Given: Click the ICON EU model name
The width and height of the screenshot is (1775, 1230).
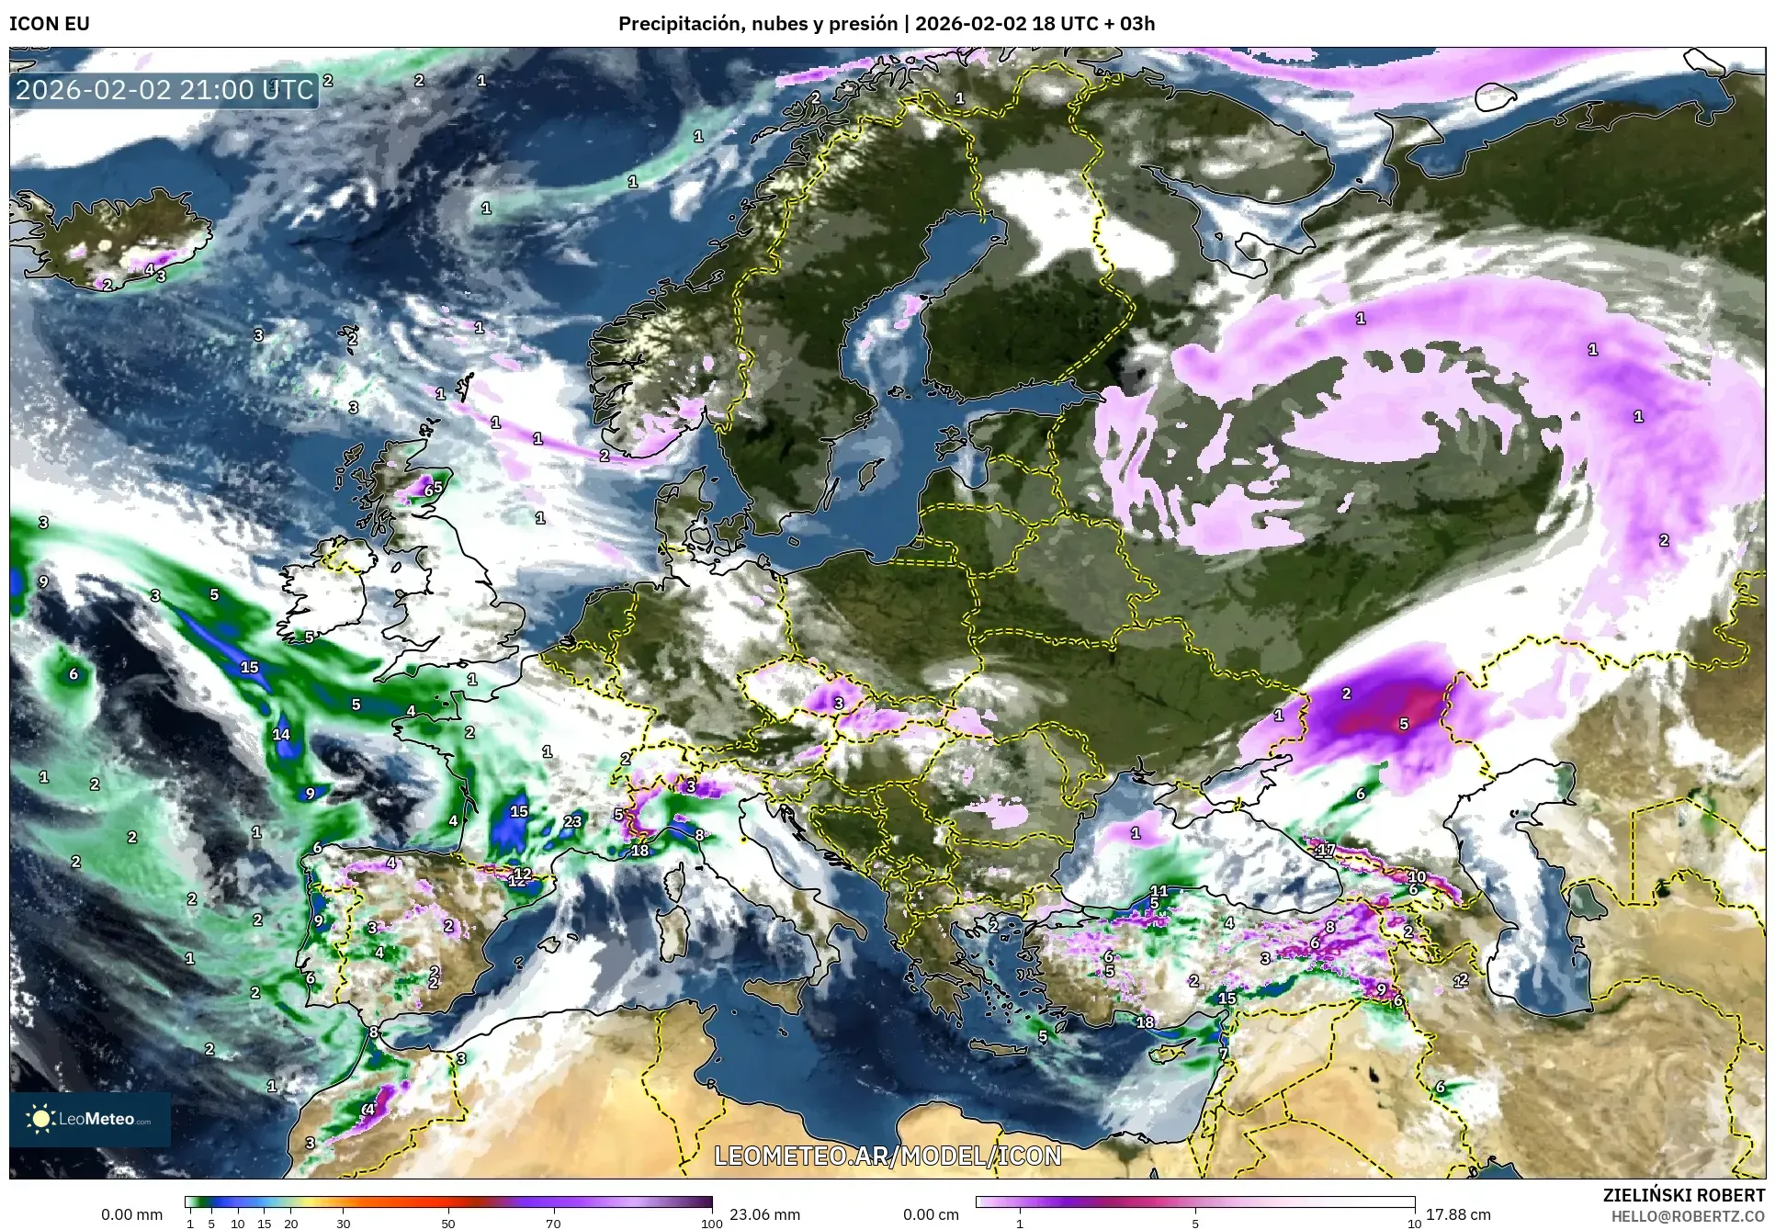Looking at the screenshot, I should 50,24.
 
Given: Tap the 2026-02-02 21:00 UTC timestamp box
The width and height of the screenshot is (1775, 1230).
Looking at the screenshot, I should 164,90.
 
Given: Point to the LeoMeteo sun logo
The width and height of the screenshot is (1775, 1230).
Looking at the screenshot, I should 41,1119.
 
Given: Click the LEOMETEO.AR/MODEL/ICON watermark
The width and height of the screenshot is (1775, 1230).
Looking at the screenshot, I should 887,1156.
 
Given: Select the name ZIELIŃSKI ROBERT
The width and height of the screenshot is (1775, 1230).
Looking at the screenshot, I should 1683,1195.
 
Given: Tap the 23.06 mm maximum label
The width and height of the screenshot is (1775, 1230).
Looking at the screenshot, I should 764,1214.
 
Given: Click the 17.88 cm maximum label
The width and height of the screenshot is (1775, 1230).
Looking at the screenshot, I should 1458,1214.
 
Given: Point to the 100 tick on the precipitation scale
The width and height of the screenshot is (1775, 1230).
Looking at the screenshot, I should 711,1223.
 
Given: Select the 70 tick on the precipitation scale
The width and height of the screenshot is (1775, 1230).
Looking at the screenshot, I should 553,1223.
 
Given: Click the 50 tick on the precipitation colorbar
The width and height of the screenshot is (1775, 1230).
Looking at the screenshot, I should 448,1223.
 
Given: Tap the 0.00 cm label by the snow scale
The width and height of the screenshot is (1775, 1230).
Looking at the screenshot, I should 931,1214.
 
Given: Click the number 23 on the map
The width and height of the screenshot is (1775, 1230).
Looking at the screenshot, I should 572,821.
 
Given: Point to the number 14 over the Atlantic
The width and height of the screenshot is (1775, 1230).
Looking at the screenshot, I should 281,734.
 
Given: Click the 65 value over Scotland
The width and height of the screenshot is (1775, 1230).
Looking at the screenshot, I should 433,489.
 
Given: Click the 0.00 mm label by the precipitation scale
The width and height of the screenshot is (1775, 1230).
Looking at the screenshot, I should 131,1214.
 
